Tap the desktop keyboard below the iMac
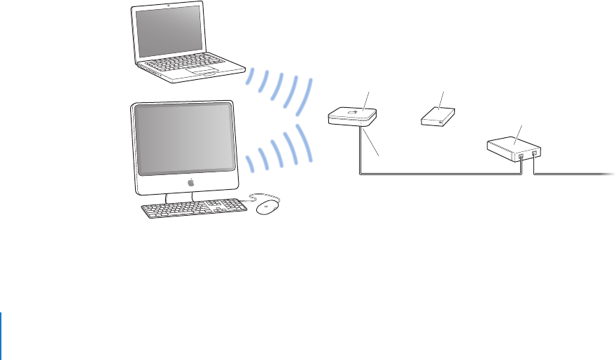193,209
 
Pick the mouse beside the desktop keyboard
267,208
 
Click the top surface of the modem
510,145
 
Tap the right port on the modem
535,153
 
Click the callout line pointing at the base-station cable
374,148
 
